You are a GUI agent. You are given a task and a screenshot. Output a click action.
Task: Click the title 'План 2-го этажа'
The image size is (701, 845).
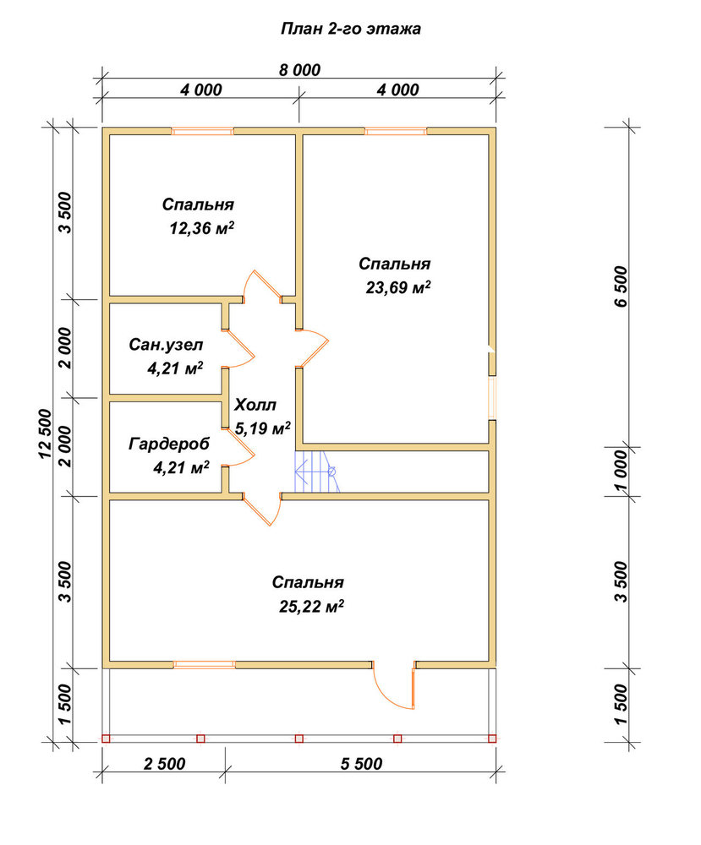click(x=350, y=29)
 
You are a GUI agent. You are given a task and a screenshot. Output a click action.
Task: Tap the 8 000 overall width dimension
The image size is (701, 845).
click(x=299, y=70)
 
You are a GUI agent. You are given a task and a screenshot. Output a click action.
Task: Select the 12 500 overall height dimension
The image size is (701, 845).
click(x=46, y=433)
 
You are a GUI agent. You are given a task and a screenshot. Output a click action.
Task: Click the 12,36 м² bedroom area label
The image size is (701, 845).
click(x=201, y=228)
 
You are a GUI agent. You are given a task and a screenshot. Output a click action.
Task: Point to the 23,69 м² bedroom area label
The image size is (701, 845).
click(x=398, y=288)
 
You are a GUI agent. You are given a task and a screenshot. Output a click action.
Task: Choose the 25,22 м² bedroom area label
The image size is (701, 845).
click(x=312, y=607)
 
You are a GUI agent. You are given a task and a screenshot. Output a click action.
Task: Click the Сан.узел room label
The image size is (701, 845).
click(x=166, y=345)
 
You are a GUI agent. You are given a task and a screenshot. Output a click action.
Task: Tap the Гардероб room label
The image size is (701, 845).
click(x=169, y=444)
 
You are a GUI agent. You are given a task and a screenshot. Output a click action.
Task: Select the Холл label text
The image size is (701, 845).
click(x=255, y=405)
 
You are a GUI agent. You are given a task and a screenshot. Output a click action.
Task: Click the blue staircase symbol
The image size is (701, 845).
click(x=317, y=472)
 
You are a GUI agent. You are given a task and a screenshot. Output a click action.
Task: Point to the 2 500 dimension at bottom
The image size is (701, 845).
click(x=164, y=764)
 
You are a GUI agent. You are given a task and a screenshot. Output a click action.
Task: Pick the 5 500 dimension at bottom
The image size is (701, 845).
click(x=361, y=764)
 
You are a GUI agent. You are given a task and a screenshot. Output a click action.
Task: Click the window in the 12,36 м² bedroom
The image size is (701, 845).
click(x=202, y=131)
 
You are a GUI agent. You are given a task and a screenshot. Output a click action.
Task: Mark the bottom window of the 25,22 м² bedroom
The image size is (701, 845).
click(x=205, y=664)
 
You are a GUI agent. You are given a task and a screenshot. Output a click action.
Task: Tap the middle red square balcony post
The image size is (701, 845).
click(x=299, y=739)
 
